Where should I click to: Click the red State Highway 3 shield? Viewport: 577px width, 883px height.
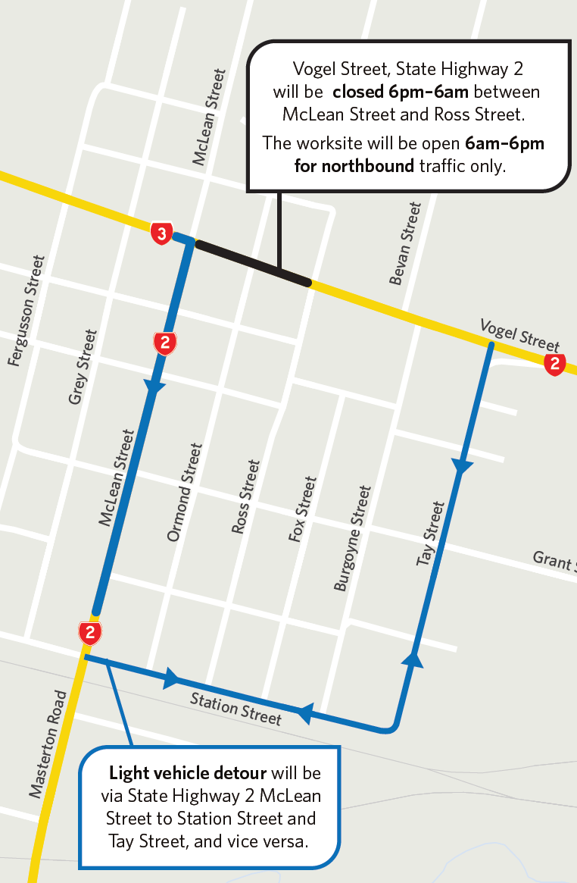coord(161,233)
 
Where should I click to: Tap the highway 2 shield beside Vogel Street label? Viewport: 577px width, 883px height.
coord(555,364)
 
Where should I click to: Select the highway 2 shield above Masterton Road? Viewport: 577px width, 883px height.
coord(90,633)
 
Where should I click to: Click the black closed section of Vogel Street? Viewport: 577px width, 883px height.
coord(253,263)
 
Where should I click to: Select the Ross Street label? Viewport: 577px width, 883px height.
coord(246,497)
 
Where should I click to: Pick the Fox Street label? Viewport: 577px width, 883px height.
coord(301,509)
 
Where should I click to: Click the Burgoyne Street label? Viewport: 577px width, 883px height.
coord(353,538)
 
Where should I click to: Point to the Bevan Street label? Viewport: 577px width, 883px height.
coord(404,243)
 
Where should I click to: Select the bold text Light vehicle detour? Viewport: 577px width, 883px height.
coord(188,773)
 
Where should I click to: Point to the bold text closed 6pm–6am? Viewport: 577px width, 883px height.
coord(397,92)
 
